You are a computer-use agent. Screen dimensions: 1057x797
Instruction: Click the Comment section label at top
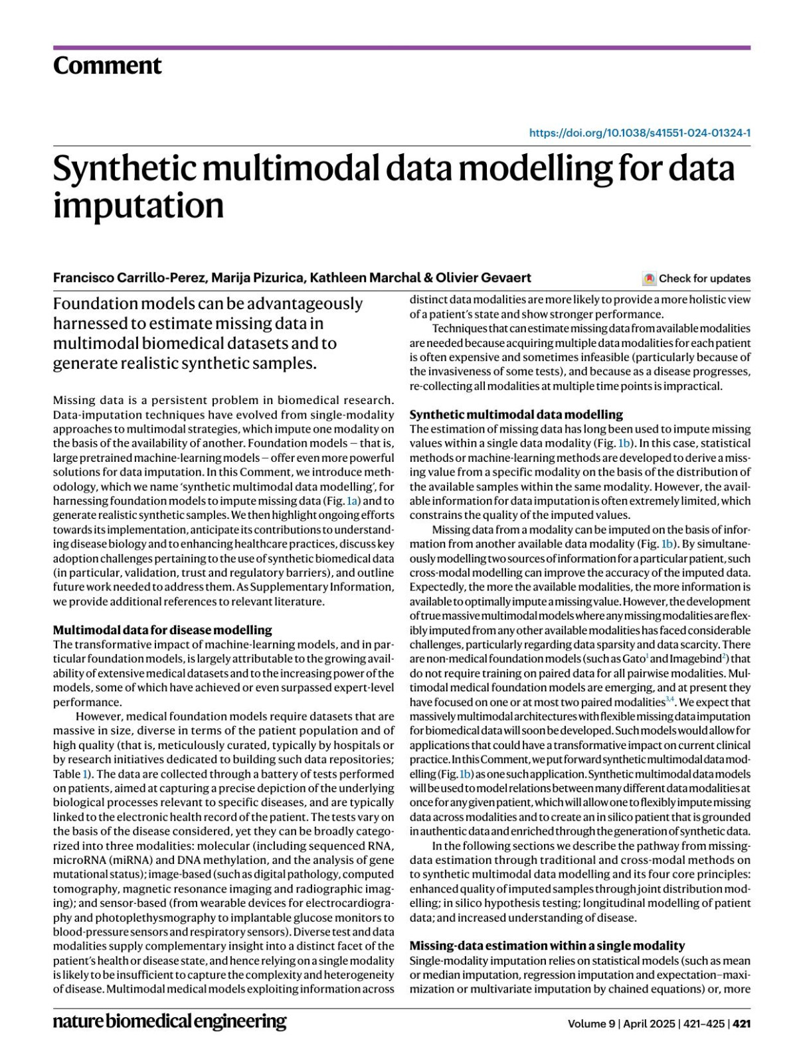coord(107,66)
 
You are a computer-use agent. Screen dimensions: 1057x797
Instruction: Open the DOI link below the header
coord(640,133)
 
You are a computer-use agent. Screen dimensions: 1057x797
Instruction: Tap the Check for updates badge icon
coord(649,279)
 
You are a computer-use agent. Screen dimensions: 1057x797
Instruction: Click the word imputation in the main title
coord(138,205)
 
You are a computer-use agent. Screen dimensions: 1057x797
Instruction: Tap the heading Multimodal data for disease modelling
coord(162,630)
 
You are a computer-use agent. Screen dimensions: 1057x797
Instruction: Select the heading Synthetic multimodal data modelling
coord(516,415)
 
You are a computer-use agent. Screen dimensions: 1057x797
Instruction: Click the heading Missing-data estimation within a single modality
coord(547,946)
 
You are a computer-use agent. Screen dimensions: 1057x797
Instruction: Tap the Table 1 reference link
coord(84,774)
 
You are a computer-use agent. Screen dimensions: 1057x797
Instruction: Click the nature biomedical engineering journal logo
coord(169,1021)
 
